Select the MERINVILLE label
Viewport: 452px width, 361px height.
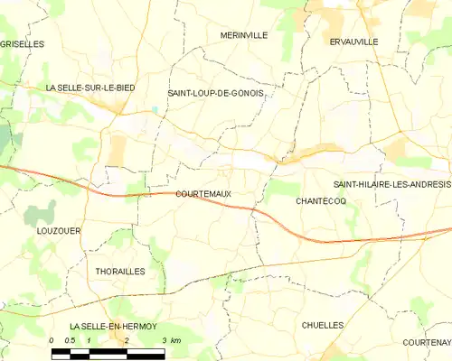[244, 35]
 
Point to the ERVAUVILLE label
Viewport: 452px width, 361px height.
[354, 42]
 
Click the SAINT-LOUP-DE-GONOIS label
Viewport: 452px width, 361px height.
[215, 93]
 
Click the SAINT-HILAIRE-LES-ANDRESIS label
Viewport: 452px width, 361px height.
[391, 184]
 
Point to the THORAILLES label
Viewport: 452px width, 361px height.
[119, 271]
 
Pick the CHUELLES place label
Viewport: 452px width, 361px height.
[323, 324]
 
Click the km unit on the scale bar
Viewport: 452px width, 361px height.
[176, 340]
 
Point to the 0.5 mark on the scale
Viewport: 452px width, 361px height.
[70, 340]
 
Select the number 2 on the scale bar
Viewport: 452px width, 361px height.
[127, 340]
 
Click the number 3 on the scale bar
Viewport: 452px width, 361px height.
[164, 340]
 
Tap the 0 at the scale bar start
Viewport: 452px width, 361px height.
[52, 340]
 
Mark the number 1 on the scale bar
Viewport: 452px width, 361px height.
[89, 340]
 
